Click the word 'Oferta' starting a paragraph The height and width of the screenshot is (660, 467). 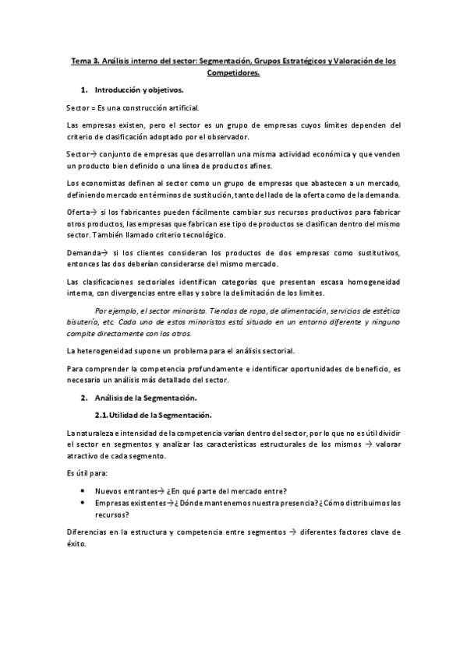78,212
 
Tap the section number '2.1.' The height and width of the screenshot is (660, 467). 101,414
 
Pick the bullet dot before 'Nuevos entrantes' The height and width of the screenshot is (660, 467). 83,490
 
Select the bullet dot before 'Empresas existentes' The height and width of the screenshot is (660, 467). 83,503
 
